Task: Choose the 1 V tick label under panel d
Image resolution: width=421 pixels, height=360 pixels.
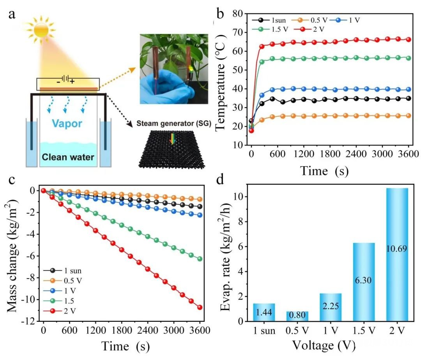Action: pos(330,332)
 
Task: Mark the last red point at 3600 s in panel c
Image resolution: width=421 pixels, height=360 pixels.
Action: pos(200,307)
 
